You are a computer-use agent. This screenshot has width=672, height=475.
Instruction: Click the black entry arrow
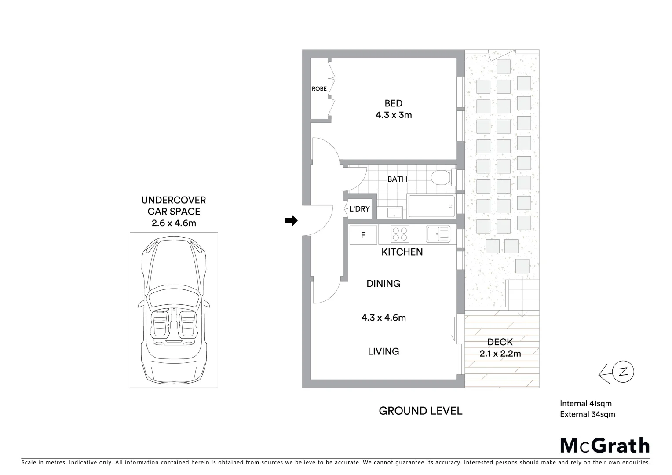click(291, 221)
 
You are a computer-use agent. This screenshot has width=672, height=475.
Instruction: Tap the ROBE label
click(319, 89)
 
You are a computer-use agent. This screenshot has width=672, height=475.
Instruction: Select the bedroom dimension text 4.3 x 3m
click(393, 115)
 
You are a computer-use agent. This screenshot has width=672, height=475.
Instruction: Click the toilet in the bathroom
click(440, 178)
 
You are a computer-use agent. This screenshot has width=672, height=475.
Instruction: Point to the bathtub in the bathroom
click(431, 207)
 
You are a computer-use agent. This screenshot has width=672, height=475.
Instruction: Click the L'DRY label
click(359, 209)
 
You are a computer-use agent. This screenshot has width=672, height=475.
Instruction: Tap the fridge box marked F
click(363, 235)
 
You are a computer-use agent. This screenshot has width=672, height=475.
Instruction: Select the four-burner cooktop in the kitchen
click(400, 234)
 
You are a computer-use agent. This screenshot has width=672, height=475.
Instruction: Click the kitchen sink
click(438, 234)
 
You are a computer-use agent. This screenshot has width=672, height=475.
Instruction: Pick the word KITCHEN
click(402, 252)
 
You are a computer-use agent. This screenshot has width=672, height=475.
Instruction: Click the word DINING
click(383, 284)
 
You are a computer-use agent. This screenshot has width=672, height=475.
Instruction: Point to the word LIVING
click(383, 351)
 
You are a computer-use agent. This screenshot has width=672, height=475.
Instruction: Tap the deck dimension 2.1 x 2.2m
click(500, 354)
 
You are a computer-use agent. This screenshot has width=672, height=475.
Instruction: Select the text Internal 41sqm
click(585, 403)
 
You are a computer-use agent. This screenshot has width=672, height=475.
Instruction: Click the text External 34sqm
click(587, 414)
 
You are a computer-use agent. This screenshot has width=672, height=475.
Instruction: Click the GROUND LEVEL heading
click(420, 411)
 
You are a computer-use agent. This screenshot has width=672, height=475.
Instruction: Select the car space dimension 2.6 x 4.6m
click(174, 223)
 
